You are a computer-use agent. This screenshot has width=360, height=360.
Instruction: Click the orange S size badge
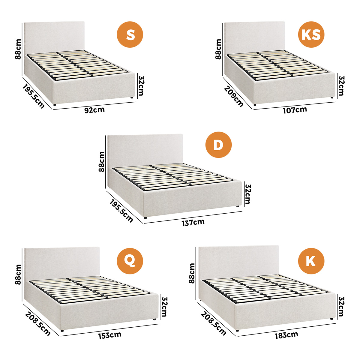(130, 34)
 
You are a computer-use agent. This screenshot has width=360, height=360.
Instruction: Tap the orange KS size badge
(311, 34)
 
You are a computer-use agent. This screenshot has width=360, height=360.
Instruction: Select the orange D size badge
(218, 145)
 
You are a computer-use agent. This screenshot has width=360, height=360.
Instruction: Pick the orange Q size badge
(130, 261)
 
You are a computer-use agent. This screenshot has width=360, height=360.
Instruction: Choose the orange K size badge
(311, 261)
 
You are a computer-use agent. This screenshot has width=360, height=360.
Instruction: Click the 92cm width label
(94, 110)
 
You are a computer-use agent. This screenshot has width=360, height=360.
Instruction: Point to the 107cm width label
(295, 110)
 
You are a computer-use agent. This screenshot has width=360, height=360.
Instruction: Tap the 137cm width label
(193, 222)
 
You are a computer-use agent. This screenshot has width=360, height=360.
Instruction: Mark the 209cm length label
(233, 96)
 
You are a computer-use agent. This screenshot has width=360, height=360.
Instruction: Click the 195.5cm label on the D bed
(121, 211)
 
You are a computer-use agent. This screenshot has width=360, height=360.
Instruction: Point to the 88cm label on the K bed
(192, 273)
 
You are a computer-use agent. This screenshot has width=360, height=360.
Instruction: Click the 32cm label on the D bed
(247, 194)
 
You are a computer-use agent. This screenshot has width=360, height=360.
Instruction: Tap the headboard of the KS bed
(254, 37)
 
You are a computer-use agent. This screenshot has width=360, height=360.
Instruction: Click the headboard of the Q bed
(62, 264)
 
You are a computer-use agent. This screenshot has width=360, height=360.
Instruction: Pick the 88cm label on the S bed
(18, 49)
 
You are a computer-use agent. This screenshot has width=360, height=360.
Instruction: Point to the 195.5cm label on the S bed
(34, 96)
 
